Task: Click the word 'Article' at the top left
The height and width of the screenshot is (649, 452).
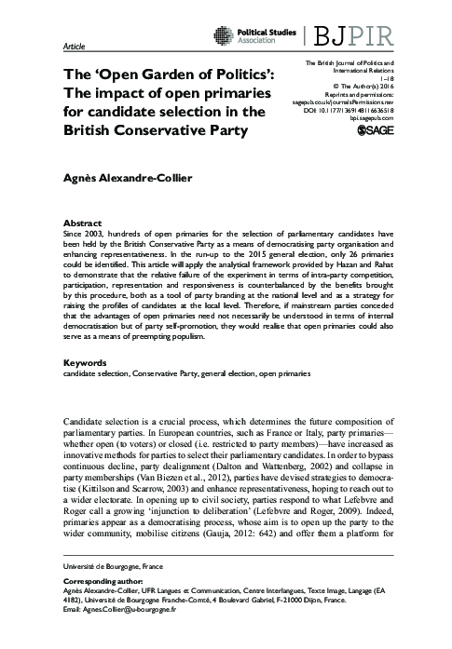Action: [72, 47]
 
